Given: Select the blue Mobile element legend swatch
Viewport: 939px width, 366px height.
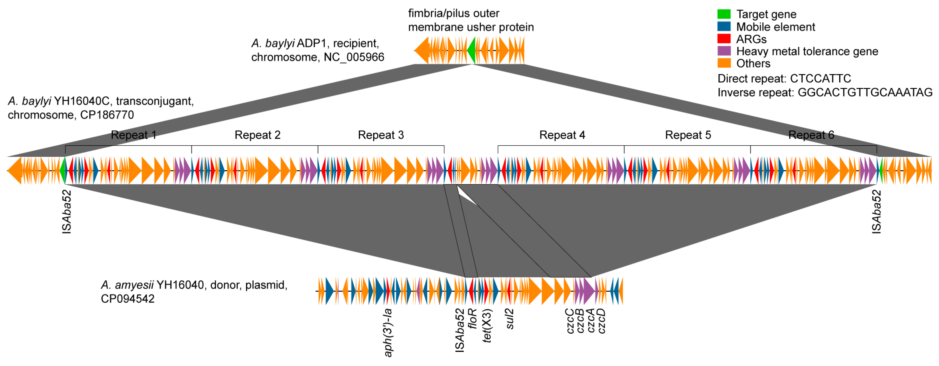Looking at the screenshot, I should [724, 27].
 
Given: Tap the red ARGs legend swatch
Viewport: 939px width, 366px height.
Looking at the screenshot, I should [724, 39].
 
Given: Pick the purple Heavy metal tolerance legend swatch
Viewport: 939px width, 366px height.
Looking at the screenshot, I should [724, 51].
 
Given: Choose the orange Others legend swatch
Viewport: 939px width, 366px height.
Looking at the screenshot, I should [724, 63].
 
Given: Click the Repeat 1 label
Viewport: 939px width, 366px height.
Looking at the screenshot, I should [134, 135].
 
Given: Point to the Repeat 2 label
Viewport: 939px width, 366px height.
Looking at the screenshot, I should [257, 135].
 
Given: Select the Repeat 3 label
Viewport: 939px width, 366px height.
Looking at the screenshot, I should [381, 135].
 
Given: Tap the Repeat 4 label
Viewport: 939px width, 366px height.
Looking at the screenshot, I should [562, 135].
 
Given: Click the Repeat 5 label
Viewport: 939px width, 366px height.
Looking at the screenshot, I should [688, 135].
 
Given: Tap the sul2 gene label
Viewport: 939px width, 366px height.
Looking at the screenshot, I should [510, 319].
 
